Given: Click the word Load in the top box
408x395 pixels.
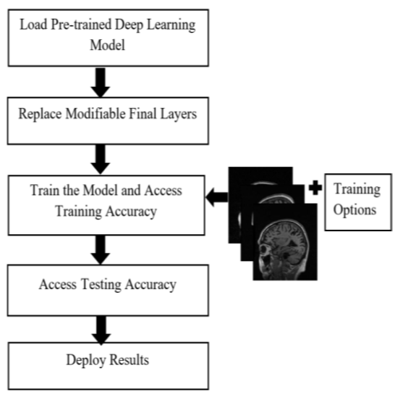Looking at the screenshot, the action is tap(33, 25).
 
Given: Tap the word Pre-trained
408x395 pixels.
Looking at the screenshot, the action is tap(81, 25).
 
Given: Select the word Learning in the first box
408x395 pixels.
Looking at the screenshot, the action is tap(171, 26).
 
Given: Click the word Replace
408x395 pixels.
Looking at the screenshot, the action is tap(40, 115).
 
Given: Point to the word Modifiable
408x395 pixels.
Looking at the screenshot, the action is tap(95, 114).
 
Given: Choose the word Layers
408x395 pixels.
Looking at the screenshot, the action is tap(178, 115).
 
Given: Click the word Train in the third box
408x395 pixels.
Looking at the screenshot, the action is tap(45, 190).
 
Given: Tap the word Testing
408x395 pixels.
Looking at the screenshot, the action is tap(101, 285).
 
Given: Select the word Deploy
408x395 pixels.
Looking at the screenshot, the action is tap(85, 361).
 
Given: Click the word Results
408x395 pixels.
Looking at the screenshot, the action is tap(129, 359).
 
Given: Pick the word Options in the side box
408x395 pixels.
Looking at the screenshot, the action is tap(354, 210).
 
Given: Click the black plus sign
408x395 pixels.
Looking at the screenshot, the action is tap(315, 188).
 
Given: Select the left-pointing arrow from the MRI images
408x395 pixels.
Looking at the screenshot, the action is tap(217, 197).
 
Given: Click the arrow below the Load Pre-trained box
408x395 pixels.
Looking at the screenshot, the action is tap(101, 82).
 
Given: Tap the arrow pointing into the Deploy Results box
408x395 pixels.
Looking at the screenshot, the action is tap(101, 330).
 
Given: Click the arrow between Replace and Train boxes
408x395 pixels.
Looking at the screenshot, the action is tap(101, 159).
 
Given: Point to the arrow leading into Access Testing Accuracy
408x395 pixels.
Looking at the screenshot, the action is tap(101, 249).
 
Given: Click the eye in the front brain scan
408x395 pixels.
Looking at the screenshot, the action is tap(265, 250).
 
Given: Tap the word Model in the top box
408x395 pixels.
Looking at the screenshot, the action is tap(108, 45).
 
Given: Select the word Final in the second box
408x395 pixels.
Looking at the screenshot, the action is tap(143, 114).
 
